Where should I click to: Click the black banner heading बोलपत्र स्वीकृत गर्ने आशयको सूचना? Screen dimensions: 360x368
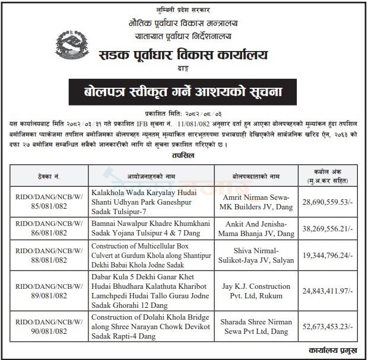tap(183, 92)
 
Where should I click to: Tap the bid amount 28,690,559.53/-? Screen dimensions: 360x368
tap(328, 202)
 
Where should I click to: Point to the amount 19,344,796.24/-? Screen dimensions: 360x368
tap(328, 256)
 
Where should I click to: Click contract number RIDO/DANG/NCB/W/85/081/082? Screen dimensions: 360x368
tap(49, 202)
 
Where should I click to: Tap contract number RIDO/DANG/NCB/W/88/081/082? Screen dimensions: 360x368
tap(49, 256)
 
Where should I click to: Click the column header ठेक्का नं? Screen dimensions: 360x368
tap(49, 176)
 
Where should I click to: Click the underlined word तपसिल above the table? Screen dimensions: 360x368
tap(183, 155)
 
